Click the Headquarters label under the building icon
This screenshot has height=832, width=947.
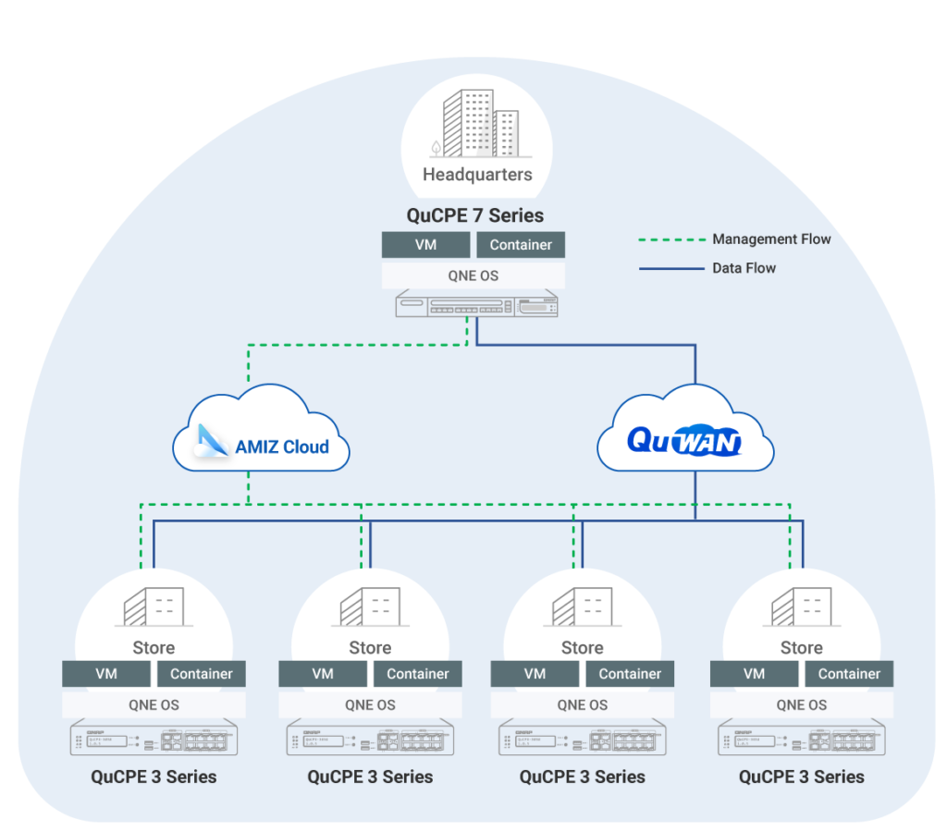click(477, 174)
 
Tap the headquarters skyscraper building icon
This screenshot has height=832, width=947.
click(479, 126)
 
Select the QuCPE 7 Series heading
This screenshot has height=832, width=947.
click(475, 215)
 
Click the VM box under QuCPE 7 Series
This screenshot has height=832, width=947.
click(425, 245)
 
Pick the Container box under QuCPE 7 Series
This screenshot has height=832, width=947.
click(521, 245)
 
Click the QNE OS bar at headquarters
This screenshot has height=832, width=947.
click(473, 275)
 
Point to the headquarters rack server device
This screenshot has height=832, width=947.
click(477, 305)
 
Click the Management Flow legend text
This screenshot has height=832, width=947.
click(771, 239)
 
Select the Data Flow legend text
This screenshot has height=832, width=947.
click(744, 268)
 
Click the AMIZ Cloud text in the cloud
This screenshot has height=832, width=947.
click(282, 447)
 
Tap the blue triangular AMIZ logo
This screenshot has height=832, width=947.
click(211, 441)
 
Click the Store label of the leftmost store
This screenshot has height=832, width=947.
click(154, 647)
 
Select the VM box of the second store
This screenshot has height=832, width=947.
click(323, 674)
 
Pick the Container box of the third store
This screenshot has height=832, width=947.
click(630, 674)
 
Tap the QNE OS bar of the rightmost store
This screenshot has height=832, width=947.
click(801, 704)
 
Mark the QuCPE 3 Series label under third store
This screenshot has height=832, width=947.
click(582, 777)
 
